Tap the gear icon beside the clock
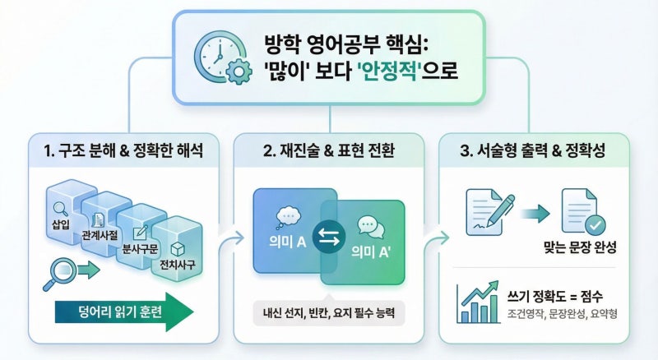click(x=239, y=72)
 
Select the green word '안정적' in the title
click(x=389, y=71)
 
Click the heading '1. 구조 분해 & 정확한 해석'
click(x=123, y=150)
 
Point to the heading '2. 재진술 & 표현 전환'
click(x=328, y=150)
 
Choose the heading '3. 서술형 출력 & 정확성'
click(x=532, y=150)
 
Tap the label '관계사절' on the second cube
click(x=100, y=235)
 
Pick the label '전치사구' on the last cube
click(x=177, y=265)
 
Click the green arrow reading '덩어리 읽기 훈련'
click(x=124, y=312)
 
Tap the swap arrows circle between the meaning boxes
click(x=329, y=237)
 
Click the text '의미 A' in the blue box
click(x=288, y=242)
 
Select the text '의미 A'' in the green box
click(x=371, y=252)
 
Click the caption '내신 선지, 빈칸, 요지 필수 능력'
click(x=329, y=312)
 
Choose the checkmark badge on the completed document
click(x=595, y=225)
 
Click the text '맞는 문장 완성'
click(x=580, y=247)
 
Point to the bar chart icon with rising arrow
click(x=478, y=302)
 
